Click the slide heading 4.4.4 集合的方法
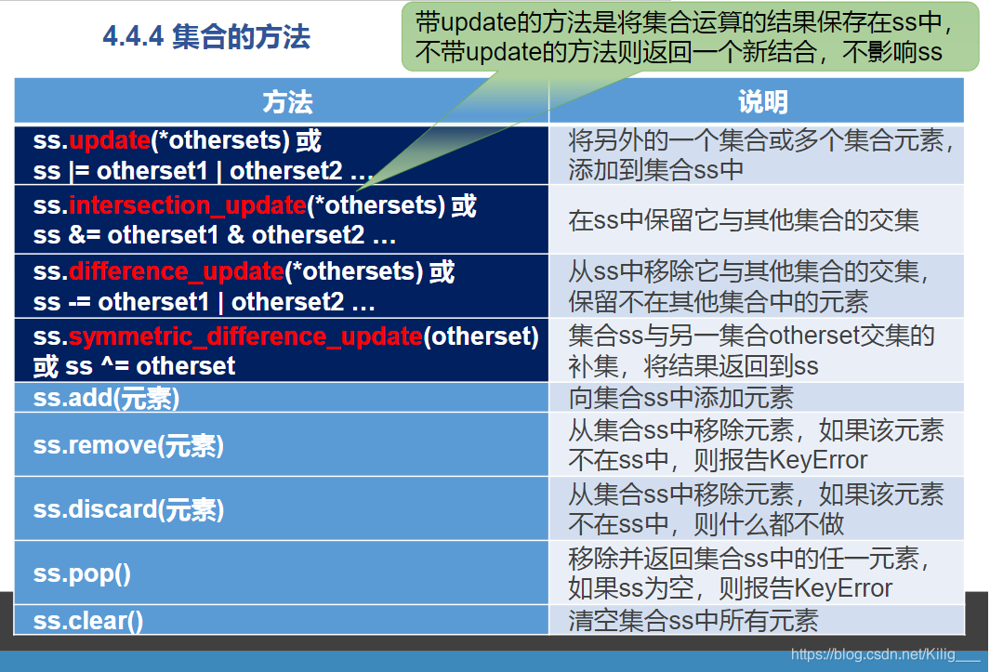(206, 37)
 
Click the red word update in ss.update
(110, 140)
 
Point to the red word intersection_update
(187, 205)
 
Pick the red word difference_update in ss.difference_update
(176, 272)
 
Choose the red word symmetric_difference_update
(245, 336)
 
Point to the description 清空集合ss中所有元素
(693, 621)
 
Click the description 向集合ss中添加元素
(681, 398)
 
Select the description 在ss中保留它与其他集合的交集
(744, 220)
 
